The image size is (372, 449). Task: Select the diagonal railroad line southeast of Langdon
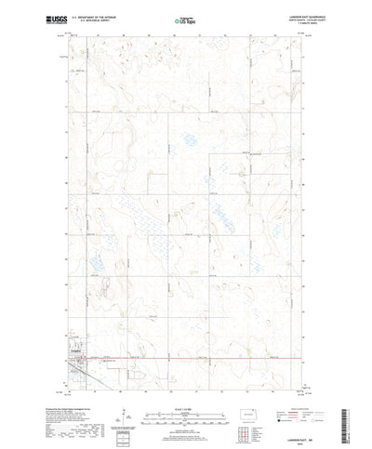coord(102,367)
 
